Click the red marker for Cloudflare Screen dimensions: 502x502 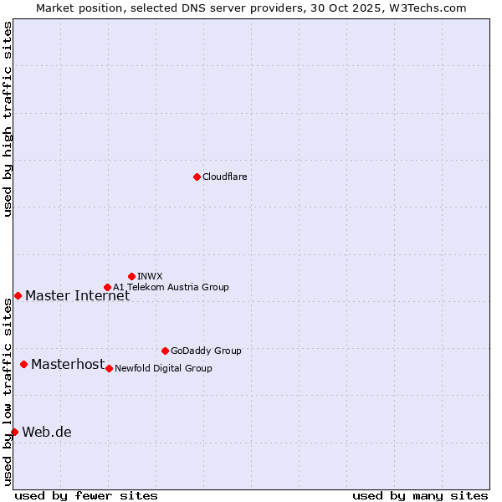[197, 177]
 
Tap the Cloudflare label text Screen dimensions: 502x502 [224, 177]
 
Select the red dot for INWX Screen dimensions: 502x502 [131, 276]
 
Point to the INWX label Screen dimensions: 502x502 [150, 276]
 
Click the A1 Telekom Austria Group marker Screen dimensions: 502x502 [107, 287]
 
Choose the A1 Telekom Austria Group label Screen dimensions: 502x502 [171, 287]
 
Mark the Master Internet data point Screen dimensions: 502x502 [18, 295]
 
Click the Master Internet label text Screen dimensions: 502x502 [77, 295]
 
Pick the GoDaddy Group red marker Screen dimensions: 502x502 [165, 351]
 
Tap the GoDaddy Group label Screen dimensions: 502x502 [206, 351]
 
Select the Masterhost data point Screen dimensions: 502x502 [23, 364]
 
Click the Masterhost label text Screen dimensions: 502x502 [68, 364]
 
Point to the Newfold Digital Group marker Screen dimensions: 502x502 [109, 368]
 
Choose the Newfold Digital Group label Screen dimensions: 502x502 [163, 368]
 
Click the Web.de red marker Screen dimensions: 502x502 [14, 432]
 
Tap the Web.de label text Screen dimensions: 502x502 [47, 432]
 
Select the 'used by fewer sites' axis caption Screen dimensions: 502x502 [86, 495]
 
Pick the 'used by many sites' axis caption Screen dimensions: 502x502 [419, 495]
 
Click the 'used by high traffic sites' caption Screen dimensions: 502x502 [8, 119]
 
